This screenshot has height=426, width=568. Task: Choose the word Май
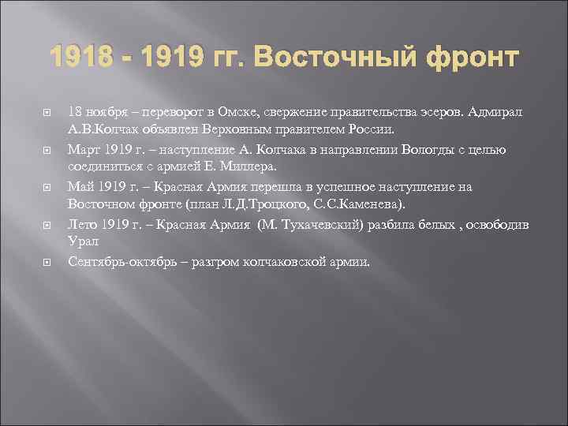point(80,187)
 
